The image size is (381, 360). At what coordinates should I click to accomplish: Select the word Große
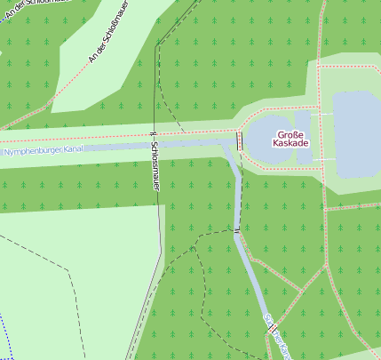coord(290,134)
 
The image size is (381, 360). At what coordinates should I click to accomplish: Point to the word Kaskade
coord(290,144)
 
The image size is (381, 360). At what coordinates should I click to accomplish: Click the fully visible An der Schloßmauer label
coord(103,44)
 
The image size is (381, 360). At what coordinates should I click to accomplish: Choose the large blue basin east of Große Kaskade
coord(355,133)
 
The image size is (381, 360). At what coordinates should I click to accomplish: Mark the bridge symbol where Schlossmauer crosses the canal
coord(155,134)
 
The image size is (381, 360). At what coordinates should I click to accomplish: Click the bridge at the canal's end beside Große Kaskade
coord(240,140)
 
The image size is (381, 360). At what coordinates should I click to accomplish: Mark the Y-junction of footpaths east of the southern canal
coord(304,290)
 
